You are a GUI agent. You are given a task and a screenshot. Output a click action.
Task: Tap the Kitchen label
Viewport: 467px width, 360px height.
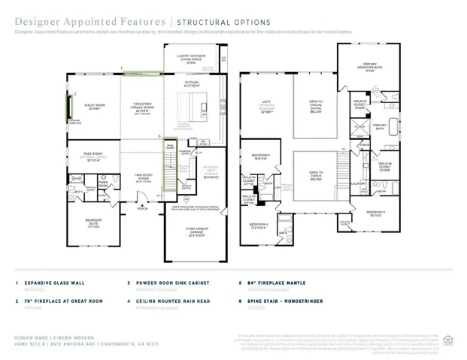point(192,83)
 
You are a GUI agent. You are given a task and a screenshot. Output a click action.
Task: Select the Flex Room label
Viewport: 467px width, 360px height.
point(94,156)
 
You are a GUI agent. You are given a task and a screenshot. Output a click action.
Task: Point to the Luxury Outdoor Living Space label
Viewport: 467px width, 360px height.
point(187,59)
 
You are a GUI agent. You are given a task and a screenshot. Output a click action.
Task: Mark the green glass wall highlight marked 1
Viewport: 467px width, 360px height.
point(141,74)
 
